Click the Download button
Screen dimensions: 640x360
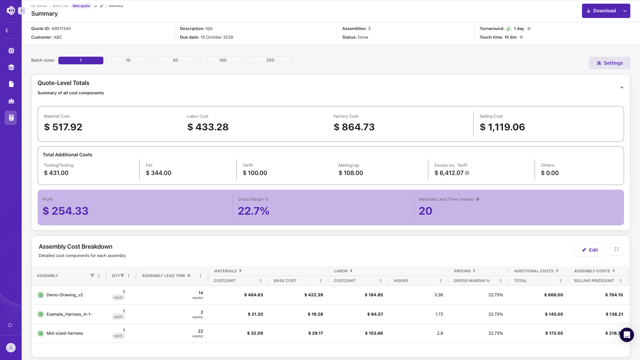click(601, 11)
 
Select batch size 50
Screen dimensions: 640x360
click(175, 60)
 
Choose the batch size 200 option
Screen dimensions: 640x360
click(270, 60)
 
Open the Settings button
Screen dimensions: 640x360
click(609, 63)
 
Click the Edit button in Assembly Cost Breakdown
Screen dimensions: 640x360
click(590, 250)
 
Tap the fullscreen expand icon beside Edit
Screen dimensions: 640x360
click(617, 249)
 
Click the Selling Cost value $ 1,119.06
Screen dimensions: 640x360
click(502, 127)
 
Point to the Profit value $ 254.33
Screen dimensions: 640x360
click(65, 211)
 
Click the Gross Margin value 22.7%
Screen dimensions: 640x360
click(253, 211)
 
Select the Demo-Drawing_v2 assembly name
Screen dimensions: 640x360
click(65, 295)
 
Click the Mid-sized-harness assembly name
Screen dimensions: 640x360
click(65, 333)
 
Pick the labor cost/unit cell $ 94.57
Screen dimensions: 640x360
click(375, 314)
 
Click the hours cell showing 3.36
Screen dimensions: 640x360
click(439, 295)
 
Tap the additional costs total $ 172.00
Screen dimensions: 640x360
click(554, 333)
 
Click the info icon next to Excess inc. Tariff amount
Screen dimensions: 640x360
click(467, 173)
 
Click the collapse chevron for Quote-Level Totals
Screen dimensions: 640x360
click(622, 88)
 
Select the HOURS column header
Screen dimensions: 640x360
click(401, 281)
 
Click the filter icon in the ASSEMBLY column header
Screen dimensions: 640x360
click(92, 276)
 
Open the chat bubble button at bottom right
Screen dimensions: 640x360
click(627, 335)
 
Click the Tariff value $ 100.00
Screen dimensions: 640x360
click(255, 173)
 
